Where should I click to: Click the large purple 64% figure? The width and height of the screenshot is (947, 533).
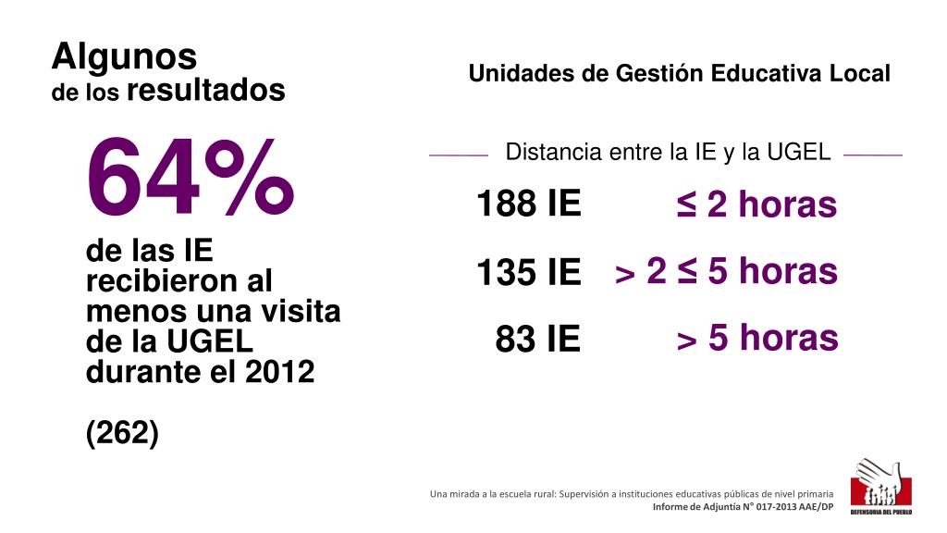click(x=190, y=179)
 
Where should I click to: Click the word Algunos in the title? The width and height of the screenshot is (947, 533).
click(x=124, y=56)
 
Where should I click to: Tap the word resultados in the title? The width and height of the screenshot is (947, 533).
click(x=205, y=90)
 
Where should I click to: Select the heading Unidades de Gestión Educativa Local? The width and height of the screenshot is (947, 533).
click(x=679, y=74)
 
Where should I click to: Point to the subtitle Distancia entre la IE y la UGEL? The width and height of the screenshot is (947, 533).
click(x=668, y=153)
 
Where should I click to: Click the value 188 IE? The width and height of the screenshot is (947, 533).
click(x=528, y=204)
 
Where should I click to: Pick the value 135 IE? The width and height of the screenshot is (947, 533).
click(x=528, y=273)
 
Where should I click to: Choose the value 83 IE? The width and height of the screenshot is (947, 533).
click(x=537, y=340)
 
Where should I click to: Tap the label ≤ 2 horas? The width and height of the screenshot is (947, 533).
click(x=756, y=205)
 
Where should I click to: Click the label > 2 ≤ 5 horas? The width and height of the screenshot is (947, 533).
click(x=726, y=272)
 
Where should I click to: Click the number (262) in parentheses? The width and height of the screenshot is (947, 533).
click(x=122, y=432)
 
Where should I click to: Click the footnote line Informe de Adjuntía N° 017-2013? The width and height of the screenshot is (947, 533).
click(x=743, y=507)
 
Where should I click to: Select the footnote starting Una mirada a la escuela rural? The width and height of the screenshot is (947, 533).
click(x=632, y=494)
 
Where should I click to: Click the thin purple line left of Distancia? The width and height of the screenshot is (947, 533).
click(x=459, y=155)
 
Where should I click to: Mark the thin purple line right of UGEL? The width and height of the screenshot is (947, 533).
click(x=872, y=155)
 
